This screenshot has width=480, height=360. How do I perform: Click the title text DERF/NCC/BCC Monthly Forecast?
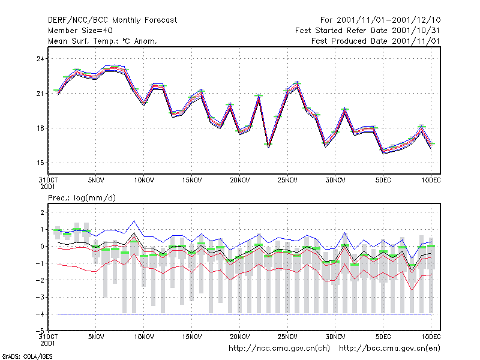coord(112,20)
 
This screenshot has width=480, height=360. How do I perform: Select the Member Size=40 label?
coord(80,31)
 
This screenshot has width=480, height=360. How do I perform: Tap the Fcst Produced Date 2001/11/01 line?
coord(376,41)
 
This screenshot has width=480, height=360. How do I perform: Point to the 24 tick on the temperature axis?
coord(40,58)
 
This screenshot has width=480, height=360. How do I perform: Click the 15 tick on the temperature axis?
coord(40,163)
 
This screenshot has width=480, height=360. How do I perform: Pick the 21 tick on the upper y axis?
coord(40,94)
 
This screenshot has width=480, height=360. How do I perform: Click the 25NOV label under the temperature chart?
coord(287,181)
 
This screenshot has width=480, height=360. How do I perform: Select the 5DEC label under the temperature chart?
coord(383,181)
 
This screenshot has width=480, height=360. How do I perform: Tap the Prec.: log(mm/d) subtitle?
coord(82,198)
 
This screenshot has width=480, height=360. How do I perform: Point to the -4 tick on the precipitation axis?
coord(40,314)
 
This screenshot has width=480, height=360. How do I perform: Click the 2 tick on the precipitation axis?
coord(42,212)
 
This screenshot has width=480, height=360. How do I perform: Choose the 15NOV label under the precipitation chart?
coord(192,337)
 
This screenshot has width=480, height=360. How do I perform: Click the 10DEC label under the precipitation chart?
coord(431,337)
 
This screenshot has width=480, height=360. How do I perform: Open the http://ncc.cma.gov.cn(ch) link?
coord(279,349)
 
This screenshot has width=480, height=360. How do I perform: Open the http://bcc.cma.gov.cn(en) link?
coord(389,349)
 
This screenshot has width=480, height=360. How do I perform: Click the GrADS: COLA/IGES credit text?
coord(28,356)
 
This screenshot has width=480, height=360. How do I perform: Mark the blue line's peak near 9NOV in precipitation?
coord(134,220)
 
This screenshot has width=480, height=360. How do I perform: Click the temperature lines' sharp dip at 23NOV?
coord(268,146)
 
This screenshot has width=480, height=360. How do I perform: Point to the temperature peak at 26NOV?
coord(296,83)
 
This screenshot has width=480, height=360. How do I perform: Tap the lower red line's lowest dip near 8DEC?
coord(412,290)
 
